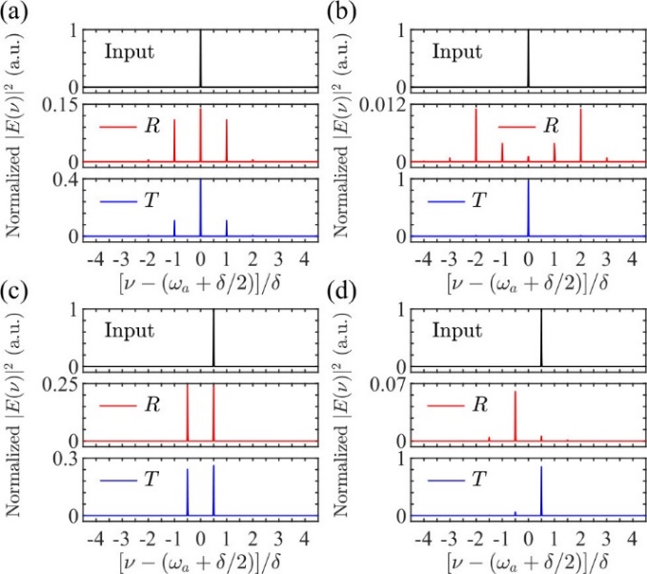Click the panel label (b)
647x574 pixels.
[341, 13]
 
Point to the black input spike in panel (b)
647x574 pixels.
[528, 57]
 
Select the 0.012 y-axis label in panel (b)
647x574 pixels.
[380, 105]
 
